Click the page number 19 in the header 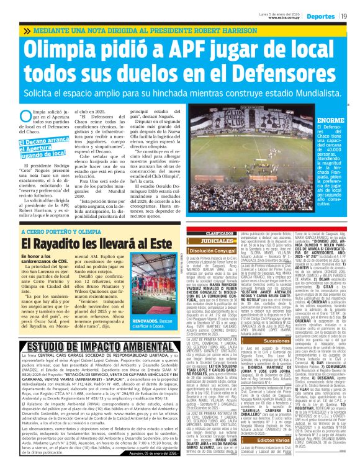(344, 17)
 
